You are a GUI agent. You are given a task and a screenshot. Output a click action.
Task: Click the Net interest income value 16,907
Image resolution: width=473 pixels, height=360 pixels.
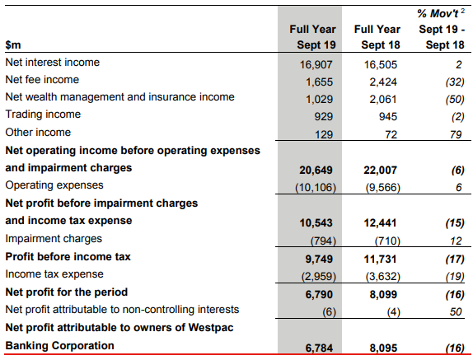[x=316, y=64]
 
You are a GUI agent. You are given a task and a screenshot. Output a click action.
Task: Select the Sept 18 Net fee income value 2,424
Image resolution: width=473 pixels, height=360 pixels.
[x=383, y=82]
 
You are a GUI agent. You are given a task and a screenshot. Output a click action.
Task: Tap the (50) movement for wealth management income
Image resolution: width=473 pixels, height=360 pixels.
[x=455, y=100]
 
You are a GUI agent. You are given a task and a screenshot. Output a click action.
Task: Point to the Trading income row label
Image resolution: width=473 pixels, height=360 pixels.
[x=43, y=115]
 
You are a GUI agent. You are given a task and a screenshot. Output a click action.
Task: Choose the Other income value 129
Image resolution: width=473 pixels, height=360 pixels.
[x=324, y=134]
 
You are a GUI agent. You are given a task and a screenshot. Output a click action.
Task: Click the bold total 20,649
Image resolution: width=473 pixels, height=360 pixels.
[x=316, y=170]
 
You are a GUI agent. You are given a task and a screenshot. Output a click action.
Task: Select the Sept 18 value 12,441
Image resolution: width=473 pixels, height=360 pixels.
[x=380, y=222]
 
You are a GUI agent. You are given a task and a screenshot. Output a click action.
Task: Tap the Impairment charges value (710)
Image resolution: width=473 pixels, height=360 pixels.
[x=387, y=241]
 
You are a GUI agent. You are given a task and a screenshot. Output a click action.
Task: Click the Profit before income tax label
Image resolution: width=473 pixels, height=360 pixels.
[x=68, y=256]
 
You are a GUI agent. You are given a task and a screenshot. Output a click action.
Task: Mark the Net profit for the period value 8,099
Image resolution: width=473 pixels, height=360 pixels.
[x=383, y=294]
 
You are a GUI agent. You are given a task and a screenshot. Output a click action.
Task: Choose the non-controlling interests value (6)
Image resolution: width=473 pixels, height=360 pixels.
[x=329, y=311]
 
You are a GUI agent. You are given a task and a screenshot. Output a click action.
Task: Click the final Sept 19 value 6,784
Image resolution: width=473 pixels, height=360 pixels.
[x=319, y=348]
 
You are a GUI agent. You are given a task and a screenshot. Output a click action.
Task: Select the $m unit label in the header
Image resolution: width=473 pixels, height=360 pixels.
[x=13, y=45]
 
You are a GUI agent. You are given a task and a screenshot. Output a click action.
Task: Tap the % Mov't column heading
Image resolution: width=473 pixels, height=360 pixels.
[x=438, y=13]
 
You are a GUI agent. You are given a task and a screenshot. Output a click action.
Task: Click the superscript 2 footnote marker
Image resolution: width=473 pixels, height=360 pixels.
[x=462, y=12]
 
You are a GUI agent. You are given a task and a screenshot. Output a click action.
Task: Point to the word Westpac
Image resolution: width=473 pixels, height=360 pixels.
[x=211, y=327]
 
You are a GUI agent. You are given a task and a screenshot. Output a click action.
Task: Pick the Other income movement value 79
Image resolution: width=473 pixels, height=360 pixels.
[x=456, y=134]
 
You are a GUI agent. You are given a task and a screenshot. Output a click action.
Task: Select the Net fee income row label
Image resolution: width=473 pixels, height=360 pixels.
[x=42, y=80]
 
